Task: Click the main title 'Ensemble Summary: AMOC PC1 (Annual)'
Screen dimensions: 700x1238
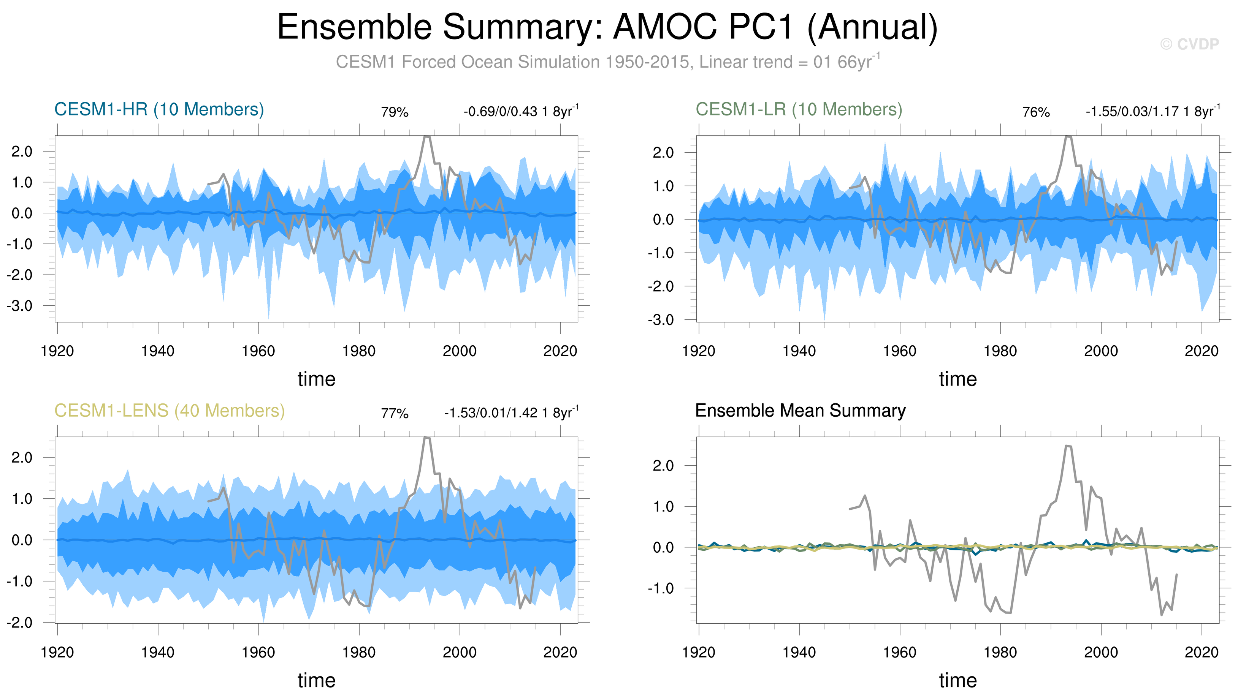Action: (607, 27)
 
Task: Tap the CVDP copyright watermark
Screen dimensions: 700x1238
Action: (1189, 44)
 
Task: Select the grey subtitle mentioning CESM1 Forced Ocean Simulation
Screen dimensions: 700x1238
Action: (607, 62)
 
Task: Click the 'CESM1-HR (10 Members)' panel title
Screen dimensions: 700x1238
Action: (159, 110)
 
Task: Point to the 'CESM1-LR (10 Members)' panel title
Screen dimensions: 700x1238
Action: (799, 110)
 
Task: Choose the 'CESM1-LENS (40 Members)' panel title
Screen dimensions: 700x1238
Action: (170, 411)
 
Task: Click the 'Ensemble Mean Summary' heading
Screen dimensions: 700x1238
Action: (800, 411)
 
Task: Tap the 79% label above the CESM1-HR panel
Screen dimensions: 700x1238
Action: (395, 112)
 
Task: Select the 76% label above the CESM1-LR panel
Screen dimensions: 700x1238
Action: (1036, 112)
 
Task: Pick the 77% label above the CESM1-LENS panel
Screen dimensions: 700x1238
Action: (395, 414)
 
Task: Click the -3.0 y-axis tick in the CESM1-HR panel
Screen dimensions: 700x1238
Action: (19, 306)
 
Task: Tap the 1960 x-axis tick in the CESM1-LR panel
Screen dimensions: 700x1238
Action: (900, 351)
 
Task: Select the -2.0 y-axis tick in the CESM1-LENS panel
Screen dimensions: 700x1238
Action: (19, 623)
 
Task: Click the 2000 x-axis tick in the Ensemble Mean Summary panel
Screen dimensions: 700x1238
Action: (1101, 653)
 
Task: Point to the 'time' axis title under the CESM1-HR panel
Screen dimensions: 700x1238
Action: (316, 379)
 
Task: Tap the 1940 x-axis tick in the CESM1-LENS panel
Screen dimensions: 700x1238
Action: (158, 653)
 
